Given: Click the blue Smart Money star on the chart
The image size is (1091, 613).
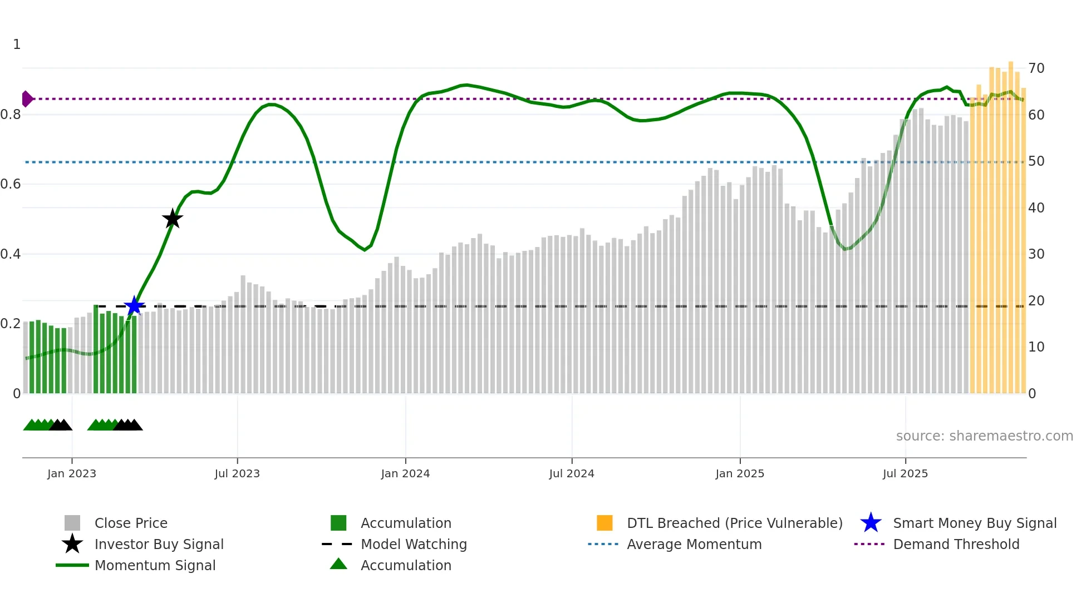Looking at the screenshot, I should point(134,306).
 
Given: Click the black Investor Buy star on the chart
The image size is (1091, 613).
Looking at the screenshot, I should point(173,219).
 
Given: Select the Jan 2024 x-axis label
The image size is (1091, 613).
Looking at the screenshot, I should point(405,473).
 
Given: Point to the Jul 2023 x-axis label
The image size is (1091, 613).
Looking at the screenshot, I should point(237,473).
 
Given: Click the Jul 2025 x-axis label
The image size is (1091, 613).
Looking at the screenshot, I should point(905,473).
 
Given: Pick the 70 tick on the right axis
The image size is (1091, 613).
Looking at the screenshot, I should point(1036,68).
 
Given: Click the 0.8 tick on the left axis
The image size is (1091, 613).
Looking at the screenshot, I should point(11,115).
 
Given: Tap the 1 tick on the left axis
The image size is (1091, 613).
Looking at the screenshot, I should point(17,45).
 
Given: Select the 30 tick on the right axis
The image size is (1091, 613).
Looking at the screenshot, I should point(1036,254).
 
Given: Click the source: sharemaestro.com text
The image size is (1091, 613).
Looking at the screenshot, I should point(984,436).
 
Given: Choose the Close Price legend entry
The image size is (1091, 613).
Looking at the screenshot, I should point(131,523).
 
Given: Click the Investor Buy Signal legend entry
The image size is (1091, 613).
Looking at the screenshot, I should point(159,544).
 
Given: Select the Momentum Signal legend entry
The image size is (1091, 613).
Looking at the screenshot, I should point(155,565).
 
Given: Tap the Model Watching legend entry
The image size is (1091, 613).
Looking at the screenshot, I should point(414,544).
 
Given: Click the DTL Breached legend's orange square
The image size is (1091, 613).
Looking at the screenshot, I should point(605,523).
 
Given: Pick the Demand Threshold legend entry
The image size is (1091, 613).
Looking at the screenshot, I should point(956,544).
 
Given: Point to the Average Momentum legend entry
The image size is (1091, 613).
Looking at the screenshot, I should point(694,544).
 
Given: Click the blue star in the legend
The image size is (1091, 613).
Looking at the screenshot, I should point(871,523).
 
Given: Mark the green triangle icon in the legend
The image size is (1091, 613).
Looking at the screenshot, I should point(338,564).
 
